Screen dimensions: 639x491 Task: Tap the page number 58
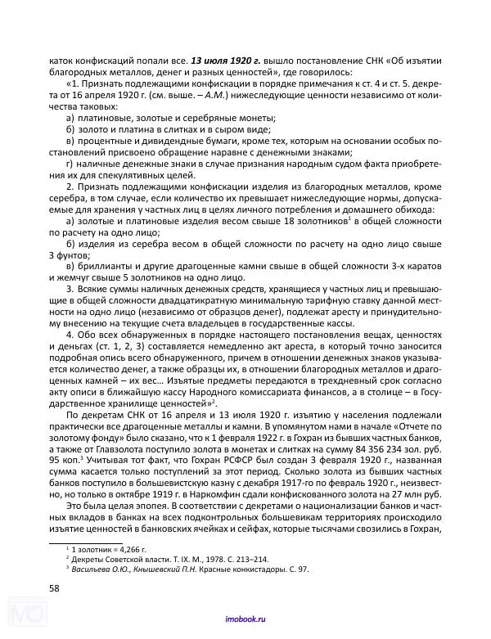pyautogui.click(x=53, y=588)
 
